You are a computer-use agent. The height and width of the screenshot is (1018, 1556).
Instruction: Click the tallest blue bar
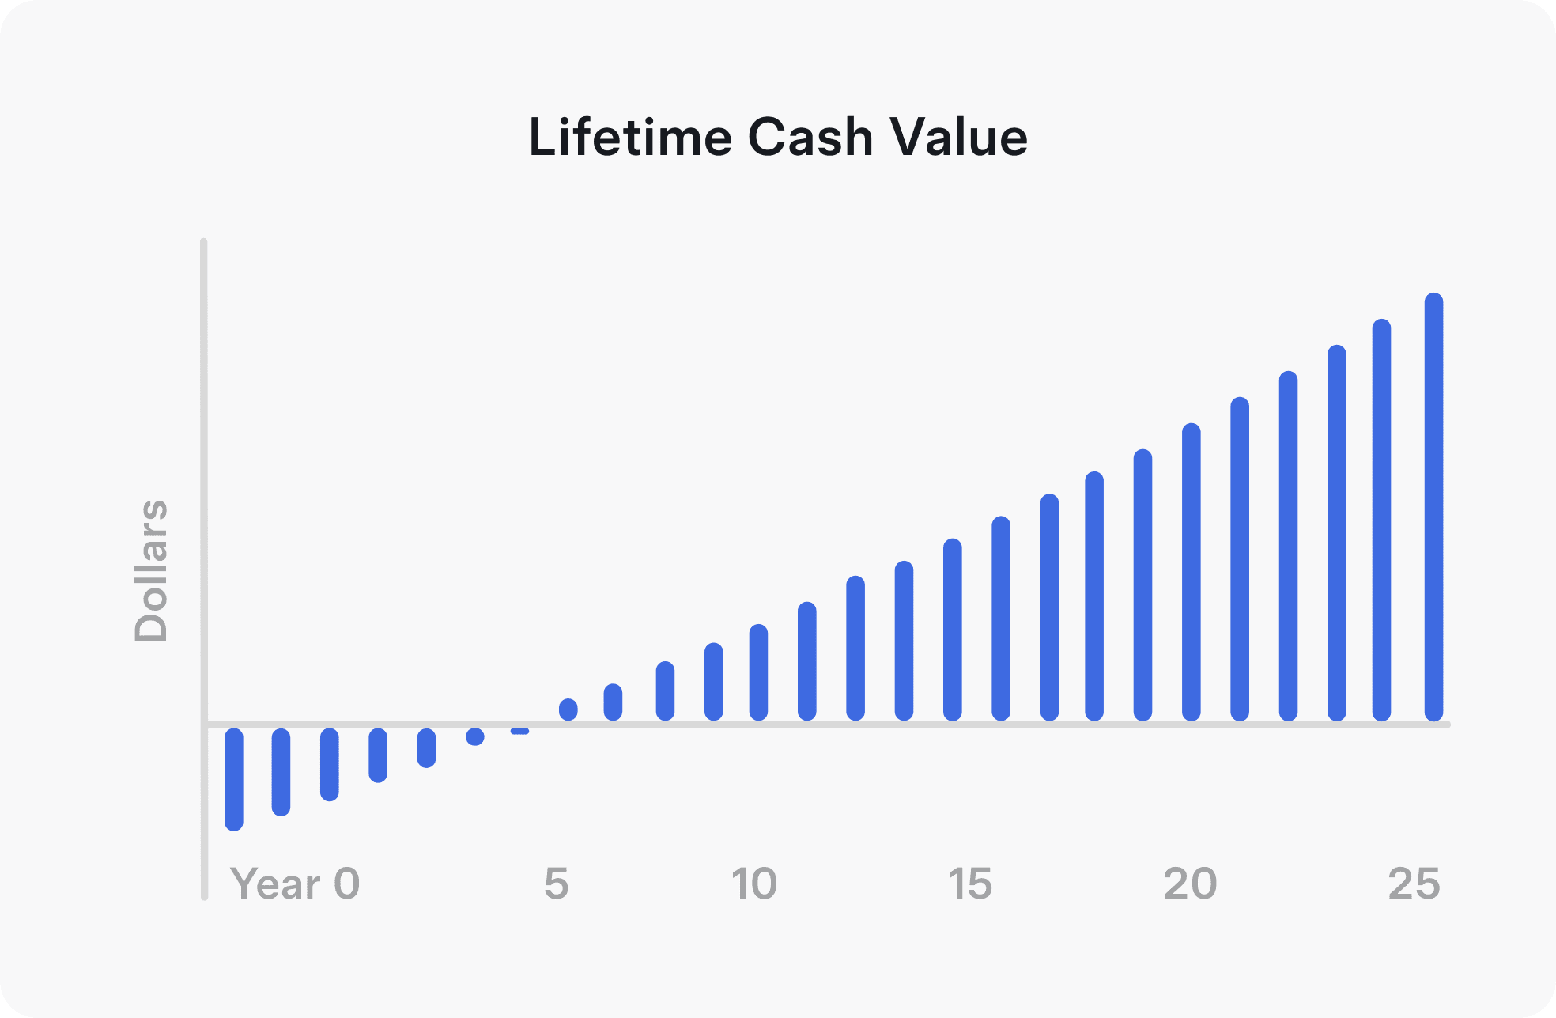point(1433,507)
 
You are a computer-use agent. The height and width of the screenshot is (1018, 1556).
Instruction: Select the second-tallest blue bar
point(1381,520)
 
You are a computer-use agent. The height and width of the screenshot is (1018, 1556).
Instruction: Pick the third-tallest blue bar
point(1336,533)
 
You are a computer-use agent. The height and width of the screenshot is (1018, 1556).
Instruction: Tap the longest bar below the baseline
point(234,779)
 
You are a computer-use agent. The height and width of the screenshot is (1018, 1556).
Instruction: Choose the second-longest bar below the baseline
point(281,772)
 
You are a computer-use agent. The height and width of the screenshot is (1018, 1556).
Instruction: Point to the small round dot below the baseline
point(475,736)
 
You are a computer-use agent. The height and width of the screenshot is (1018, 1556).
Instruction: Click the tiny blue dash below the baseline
point(519,731)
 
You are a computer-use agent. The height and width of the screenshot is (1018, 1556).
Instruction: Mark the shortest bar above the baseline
point(568,710)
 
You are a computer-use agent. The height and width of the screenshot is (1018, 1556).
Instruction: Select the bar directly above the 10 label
point(758,672)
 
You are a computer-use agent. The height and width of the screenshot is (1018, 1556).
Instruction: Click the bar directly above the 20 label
point(1192,572)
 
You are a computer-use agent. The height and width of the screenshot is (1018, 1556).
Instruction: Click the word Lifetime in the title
point(630,137)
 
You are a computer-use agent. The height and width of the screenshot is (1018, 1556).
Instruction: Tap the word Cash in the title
point(810,137)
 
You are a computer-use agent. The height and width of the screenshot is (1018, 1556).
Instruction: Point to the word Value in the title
point(958,137)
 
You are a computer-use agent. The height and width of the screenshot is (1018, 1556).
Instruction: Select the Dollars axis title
point(151,570)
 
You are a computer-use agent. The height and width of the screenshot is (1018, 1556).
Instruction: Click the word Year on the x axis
point(275,884)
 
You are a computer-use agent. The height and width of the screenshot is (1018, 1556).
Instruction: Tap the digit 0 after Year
point(346,884)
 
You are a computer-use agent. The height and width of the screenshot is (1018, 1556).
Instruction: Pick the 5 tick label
point(557,884)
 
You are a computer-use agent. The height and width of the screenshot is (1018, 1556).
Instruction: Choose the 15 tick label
point(969,884)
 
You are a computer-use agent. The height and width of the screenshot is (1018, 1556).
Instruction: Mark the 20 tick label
point(1190,884)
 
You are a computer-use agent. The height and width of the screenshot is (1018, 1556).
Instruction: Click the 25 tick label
point(1414,884)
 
